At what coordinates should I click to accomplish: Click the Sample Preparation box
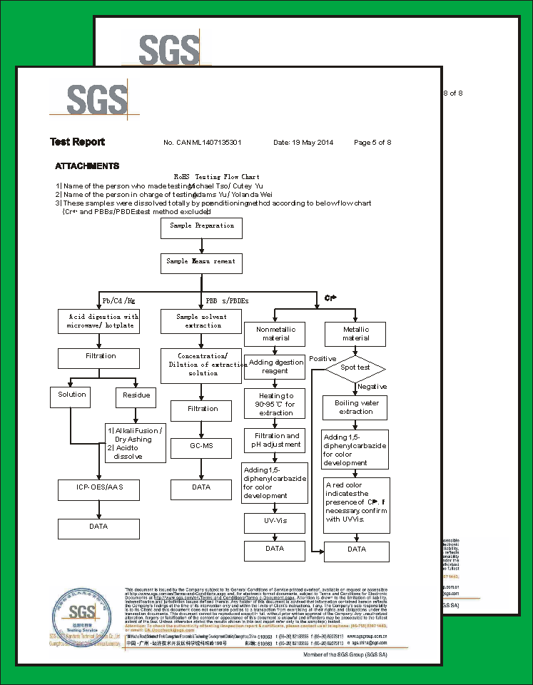(201, 228)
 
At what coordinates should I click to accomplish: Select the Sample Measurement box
(201, 263)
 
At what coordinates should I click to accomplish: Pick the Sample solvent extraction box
(201, 321)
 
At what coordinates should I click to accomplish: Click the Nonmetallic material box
(275, 333)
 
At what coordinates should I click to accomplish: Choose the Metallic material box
(355, 333)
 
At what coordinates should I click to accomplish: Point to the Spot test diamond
(355, 367)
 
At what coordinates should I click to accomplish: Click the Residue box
(136, 396)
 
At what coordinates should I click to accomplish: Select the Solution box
(72, 396)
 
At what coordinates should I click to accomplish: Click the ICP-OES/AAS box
(98, 489)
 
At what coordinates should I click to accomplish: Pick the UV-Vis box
(275, 522)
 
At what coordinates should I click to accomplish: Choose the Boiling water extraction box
(355, 407)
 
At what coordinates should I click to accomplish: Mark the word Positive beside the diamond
(323, 358)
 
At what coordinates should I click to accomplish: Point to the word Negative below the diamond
(372, 387)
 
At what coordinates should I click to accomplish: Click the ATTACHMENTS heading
(87, 166)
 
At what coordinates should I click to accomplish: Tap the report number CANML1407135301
(203, 143)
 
